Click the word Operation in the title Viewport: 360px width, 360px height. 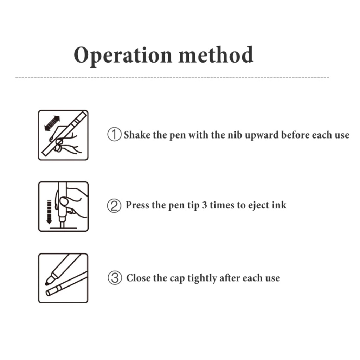(123, 56)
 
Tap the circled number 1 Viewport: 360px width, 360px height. (114, 134)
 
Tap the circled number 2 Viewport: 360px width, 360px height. (114, 205)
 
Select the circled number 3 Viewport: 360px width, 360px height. (115, 278)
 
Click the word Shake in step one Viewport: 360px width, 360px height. (137, 135)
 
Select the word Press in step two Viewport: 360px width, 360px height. (137, 205)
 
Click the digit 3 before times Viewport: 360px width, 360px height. (204, 205)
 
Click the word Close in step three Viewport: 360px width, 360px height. (139, 278)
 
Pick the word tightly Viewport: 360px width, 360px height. (202, 278)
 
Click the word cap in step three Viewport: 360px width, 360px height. (177, 279)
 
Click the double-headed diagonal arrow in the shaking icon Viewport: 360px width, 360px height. (52, 123)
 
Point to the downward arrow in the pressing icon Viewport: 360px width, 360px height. (49, 212)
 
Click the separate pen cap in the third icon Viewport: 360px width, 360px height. (66, 284)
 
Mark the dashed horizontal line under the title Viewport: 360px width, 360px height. (172, 78)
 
